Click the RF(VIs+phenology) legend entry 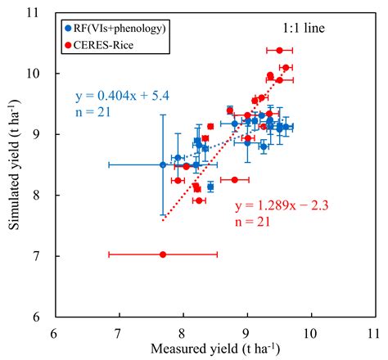[x=119, y=28]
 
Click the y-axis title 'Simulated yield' [x=14, y=164]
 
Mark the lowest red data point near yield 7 [x=163, y=254]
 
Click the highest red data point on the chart [x=279, y=50]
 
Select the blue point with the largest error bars [x=163, y=164]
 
